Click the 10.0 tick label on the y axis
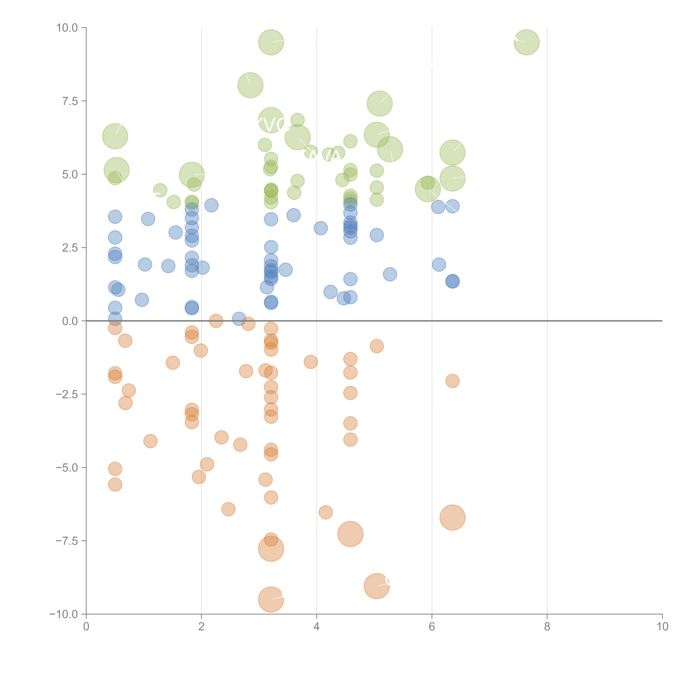coord(67,28)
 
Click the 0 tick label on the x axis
coord(86,627)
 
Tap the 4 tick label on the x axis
coord(316,627)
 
